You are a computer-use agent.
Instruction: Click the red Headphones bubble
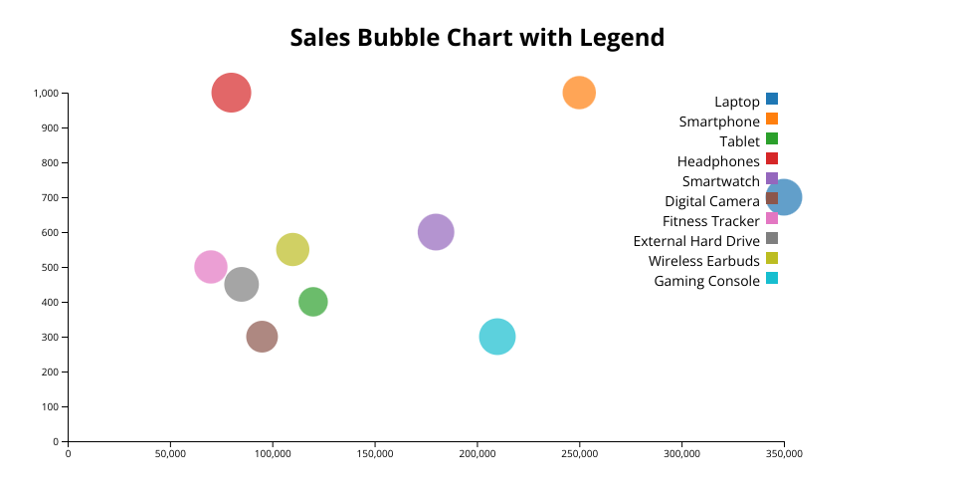click(x=231, y=93)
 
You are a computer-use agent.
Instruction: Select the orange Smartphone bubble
click(x=579, y=93)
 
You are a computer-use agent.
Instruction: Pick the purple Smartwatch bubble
click(x=436, y=232)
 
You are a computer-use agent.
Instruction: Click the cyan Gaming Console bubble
click(x=497, y=337)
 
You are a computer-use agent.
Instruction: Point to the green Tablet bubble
click(x=313, y=302)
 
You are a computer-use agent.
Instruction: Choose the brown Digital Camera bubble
click(x=262, y=337)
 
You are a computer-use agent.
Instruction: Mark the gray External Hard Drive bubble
click(x=242, y=284)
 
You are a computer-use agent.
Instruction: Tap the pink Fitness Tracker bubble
click(x=210, y=267)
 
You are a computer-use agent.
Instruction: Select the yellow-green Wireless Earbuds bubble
click(x=292, y=249)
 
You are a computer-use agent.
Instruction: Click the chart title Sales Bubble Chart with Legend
click(x=477, y=38)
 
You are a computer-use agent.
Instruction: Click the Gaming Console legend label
click(x=706, y=281)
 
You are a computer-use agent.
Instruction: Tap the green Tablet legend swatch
click(x=772, y=138)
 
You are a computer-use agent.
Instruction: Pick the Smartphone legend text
click(x=719, y=122)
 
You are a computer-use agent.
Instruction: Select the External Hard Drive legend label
click(x=696, y=241)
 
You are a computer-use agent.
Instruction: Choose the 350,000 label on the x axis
click(x=784, y=453)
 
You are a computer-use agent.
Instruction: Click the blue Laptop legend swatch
click(x=772, y=99)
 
